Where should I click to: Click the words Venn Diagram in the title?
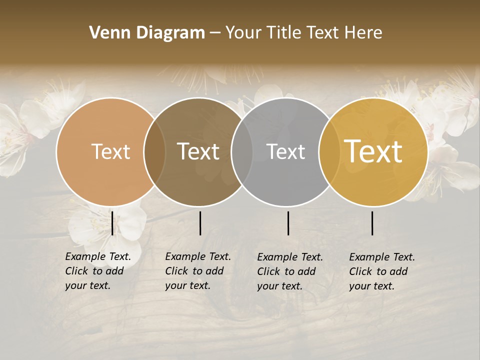click(x=147, y=33)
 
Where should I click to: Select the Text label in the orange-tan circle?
click(x=110, y=151)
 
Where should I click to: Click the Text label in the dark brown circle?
click(x=198, y=151)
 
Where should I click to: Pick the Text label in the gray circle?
click(x=285, y=151)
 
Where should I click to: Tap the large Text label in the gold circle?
click(x=373, y=151)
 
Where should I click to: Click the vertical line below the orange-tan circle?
click(x=112, y=223)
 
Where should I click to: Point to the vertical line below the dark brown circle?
click(x=200, y=223)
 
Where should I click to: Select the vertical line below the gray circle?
click(x=288, y=223)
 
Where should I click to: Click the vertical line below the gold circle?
click(x=372, y=223)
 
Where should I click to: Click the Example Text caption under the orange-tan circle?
click(x=98, y=271)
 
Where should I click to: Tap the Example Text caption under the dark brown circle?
click(x=198, y=271)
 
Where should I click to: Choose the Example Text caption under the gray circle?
click(x=290, y=271)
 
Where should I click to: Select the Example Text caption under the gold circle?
click(x=382, y=271)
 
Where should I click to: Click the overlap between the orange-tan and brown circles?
click(x=154, y=151)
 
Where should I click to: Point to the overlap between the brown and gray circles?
click(x=242, y=151)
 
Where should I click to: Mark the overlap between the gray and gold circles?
click(x=327, y=151)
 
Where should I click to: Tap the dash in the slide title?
click(x=215, y=33)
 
